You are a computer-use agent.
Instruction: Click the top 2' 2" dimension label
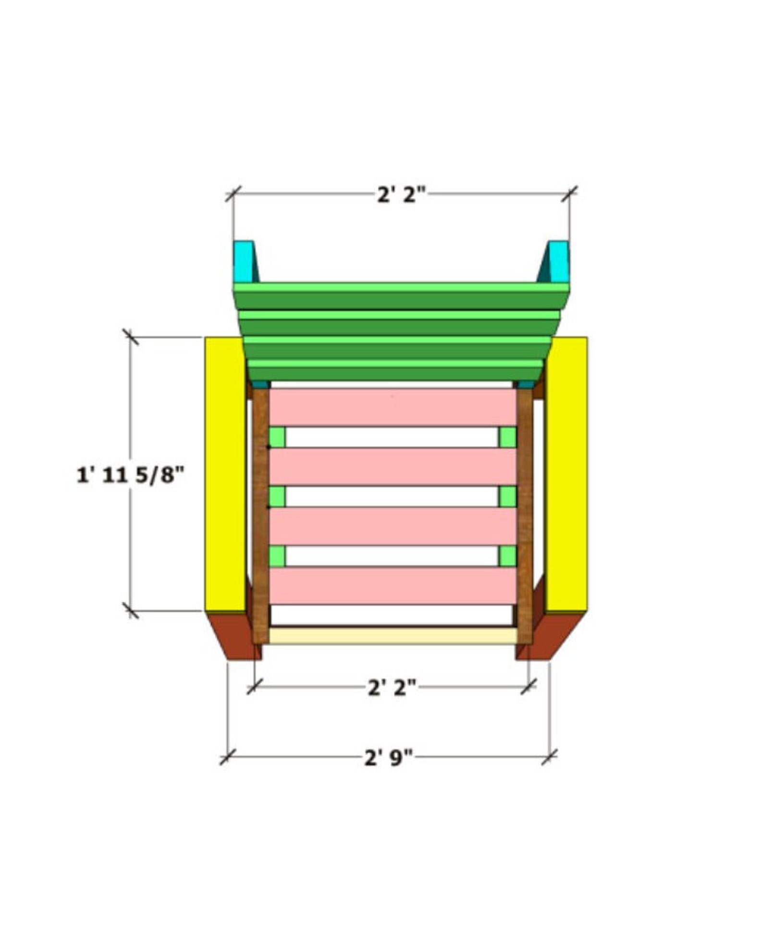(401, 195)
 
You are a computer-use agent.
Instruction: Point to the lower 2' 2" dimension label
(392, 688)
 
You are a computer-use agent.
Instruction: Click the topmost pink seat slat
(393, 407)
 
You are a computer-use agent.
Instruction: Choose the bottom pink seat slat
(393, 585)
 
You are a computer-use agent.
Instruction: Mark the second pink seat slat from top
(393, 467)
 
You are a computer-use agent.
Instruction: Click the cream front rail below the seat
(393, 635)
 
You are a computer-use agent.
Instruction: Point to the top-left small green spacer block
(277, 437)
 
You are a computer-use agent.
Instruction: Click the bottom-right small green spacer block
(507, 556)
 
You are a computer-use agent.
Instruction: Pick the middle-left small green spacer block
(277, 496)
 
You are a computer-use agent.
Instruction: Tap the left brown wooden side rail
(260, 517)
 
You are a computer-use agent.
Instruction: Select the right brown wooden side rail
(525, 517)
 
